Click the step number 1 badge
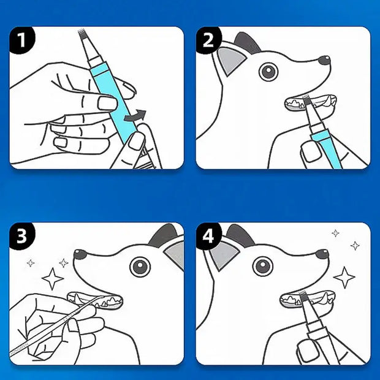tap(22, 41)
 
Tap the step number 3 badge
tap(22, 237)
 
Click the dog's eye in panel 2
tap(268, 72)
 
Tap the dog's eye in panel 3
tap(140, 267)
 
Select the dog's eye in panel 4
tap(263, 267)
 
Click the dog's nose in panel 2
tap(324, 60)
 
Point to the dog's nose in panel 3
tap(80, 254)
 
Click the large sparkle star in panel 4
tap(344, 277)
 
